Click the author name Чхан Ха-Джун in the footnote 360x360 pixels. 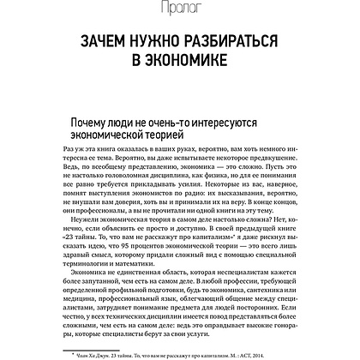92,352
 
